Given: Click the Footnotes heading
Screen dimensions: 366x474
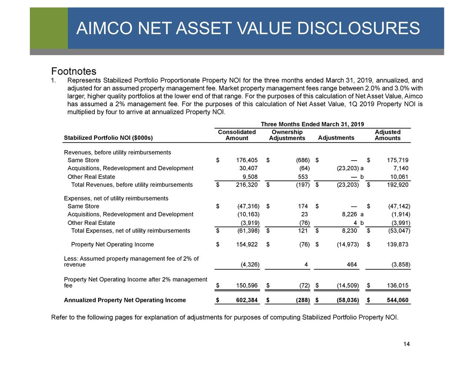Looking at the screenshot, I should coord(74,71).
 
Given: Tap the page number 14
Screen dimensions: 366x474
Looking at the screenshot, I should coord(406,345).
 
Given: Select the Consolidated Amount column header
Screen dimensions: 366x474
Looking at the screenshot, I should coord(237,135).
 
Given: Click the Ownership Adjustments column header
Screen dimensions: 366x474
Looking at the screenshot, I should coord(287,135).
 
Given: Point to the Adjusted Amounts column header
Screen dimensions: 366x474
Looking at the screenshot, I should coord(387,135).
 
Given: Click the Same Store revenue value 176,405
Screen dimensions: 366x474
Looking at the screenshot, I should coord(247,160).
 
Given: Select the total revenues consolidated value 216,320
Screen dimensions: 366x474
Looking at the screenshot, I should coord(247,185).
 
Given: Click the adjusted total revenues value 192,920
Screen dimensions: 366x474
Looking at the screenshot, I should coord(397,185).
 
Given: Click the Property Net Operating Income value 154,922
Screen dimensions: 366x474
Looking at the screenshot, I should coord(247,245).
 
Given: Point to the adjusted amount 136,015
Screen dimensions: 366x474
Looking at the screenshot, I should coord(397,285).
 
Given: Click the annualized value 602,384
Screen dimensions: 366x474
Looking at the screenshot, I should coord(247,300).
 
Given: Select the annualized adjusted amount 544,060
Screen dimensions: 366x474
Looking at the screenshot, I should coord(397,300).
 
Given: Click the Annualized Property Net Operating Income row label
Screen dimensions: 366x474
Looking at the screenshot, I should coord(125,300).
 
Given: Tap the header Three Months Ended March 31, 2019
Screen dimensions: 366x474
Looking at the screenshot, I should coord(312,124).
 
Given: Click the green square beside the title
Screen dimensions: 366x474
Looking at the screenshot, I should coord(49,28).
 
